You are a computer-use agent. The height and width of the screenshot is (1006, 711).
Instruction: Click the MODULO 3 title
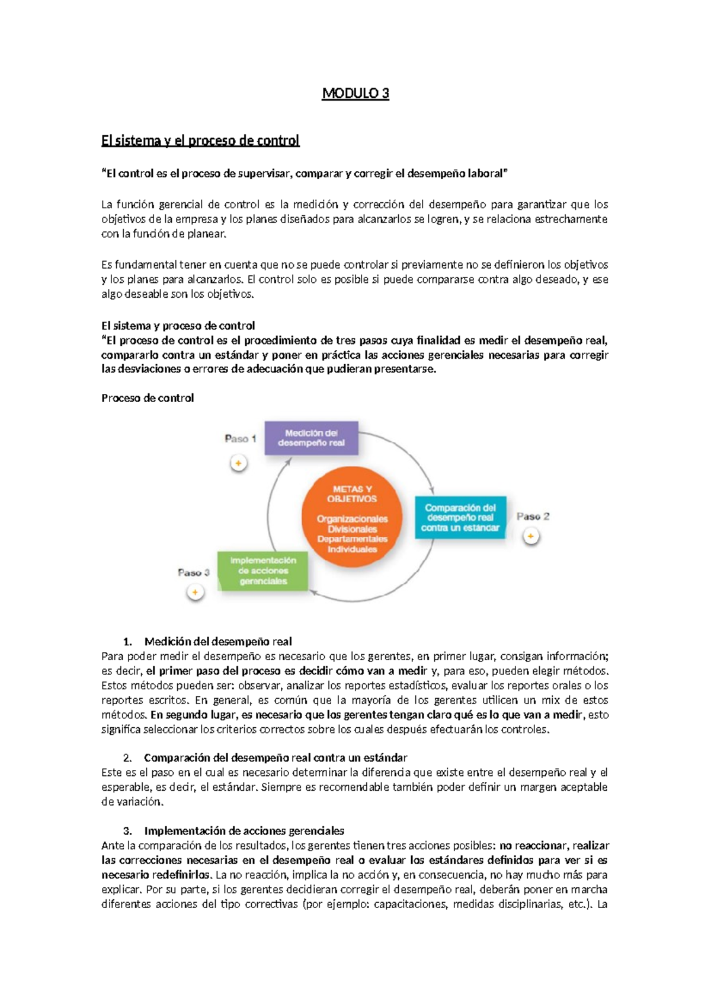point(355,93)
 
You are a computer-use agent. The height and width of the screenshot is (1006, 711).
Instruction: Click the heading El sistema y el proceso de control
point(200,141)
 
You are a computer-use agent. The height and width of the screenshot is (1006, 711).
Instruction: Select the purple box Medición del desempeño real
point(311,438)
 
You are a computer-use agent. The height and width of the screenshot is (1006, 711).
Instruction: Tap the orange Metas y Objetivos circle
point(352,517)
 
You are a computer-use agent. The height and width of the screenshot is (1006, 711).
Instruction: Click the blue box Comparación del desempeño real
point(460,517)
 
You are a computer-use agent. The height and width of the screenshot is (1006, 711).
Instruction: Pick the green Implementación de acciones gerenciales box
point(263,571)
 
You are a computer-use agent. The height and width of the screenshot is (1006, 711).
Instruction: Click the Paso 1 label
point(240,438)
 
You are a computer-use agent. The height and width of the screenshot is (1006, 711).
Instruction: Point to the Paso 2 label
point(533,516)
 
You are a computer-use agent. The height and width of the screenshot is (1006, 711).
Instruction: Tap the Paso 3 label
point(194,572)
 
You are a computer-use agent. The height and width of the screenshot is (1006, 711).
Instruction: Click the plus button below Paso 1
point(238,463)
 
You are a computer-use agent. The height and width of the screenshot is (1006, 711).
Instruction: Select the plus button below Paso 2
point(531,536)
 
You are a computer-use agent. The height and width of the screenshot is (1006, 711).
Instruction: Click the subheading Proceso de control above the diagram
point(148,398)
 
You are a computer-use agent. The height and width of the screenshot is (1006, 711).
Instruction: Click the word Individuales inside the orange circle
point(352,549)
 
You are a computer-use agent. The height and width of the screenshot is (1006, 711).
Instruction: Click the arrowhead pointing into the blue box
point(432,491)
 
